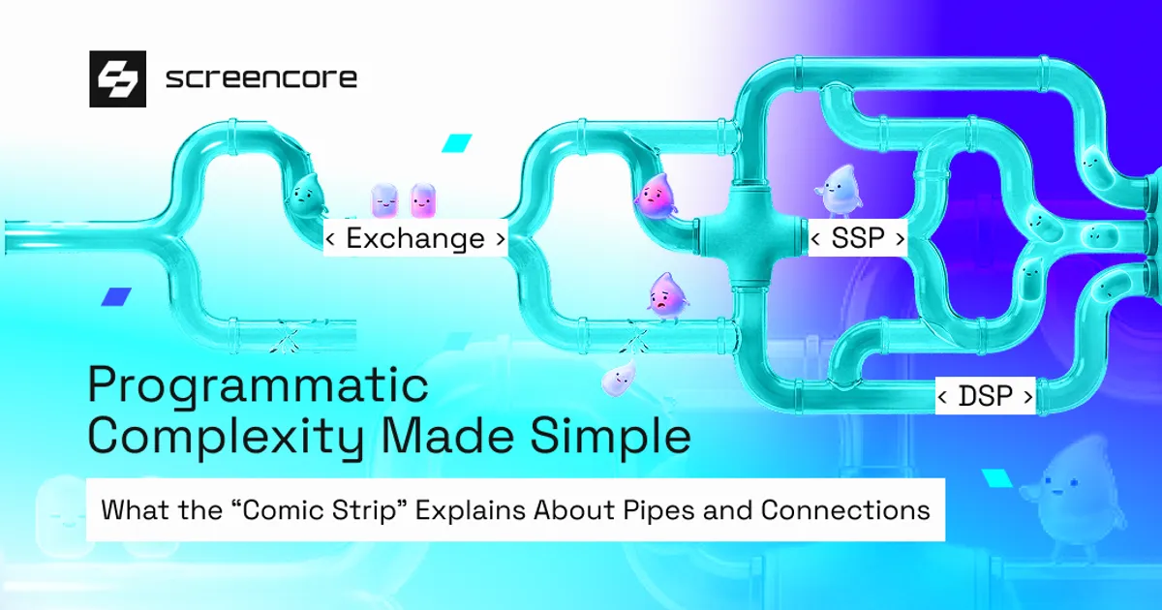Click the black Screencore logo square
117,78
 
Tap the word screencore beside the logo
260,78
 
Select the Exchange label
415,238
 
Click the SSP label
857,238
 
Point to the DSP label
985,396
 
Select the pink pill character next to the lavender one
423,201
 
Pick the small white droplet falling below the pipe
618,380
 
